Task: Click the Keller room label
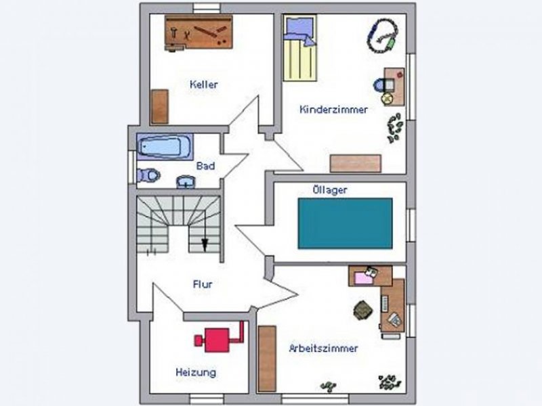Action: coord(204,85)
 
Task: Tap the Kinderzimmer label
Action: coord(333,109)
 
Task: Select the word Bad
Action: coord(205,166)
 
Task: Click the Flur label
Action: coord(203,285)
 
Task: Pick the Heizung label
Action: coord(196,372)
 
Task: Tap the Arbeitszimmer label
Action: coord(323,348)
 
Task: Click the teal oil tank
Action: coord(345,223)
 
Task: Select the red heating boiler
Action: coord(220,338)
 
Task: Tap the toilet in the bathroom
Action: coord(148,176)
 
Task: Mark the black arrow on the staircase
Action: coord(205,244)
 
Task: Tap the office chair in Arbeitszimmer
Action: coord(363,310)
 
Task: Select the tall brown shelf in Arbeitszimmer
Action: coord(267,359)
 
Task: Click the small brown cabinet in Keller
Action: coord(159,107)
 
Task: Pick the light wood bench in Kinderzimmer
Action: coord(355,164)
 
